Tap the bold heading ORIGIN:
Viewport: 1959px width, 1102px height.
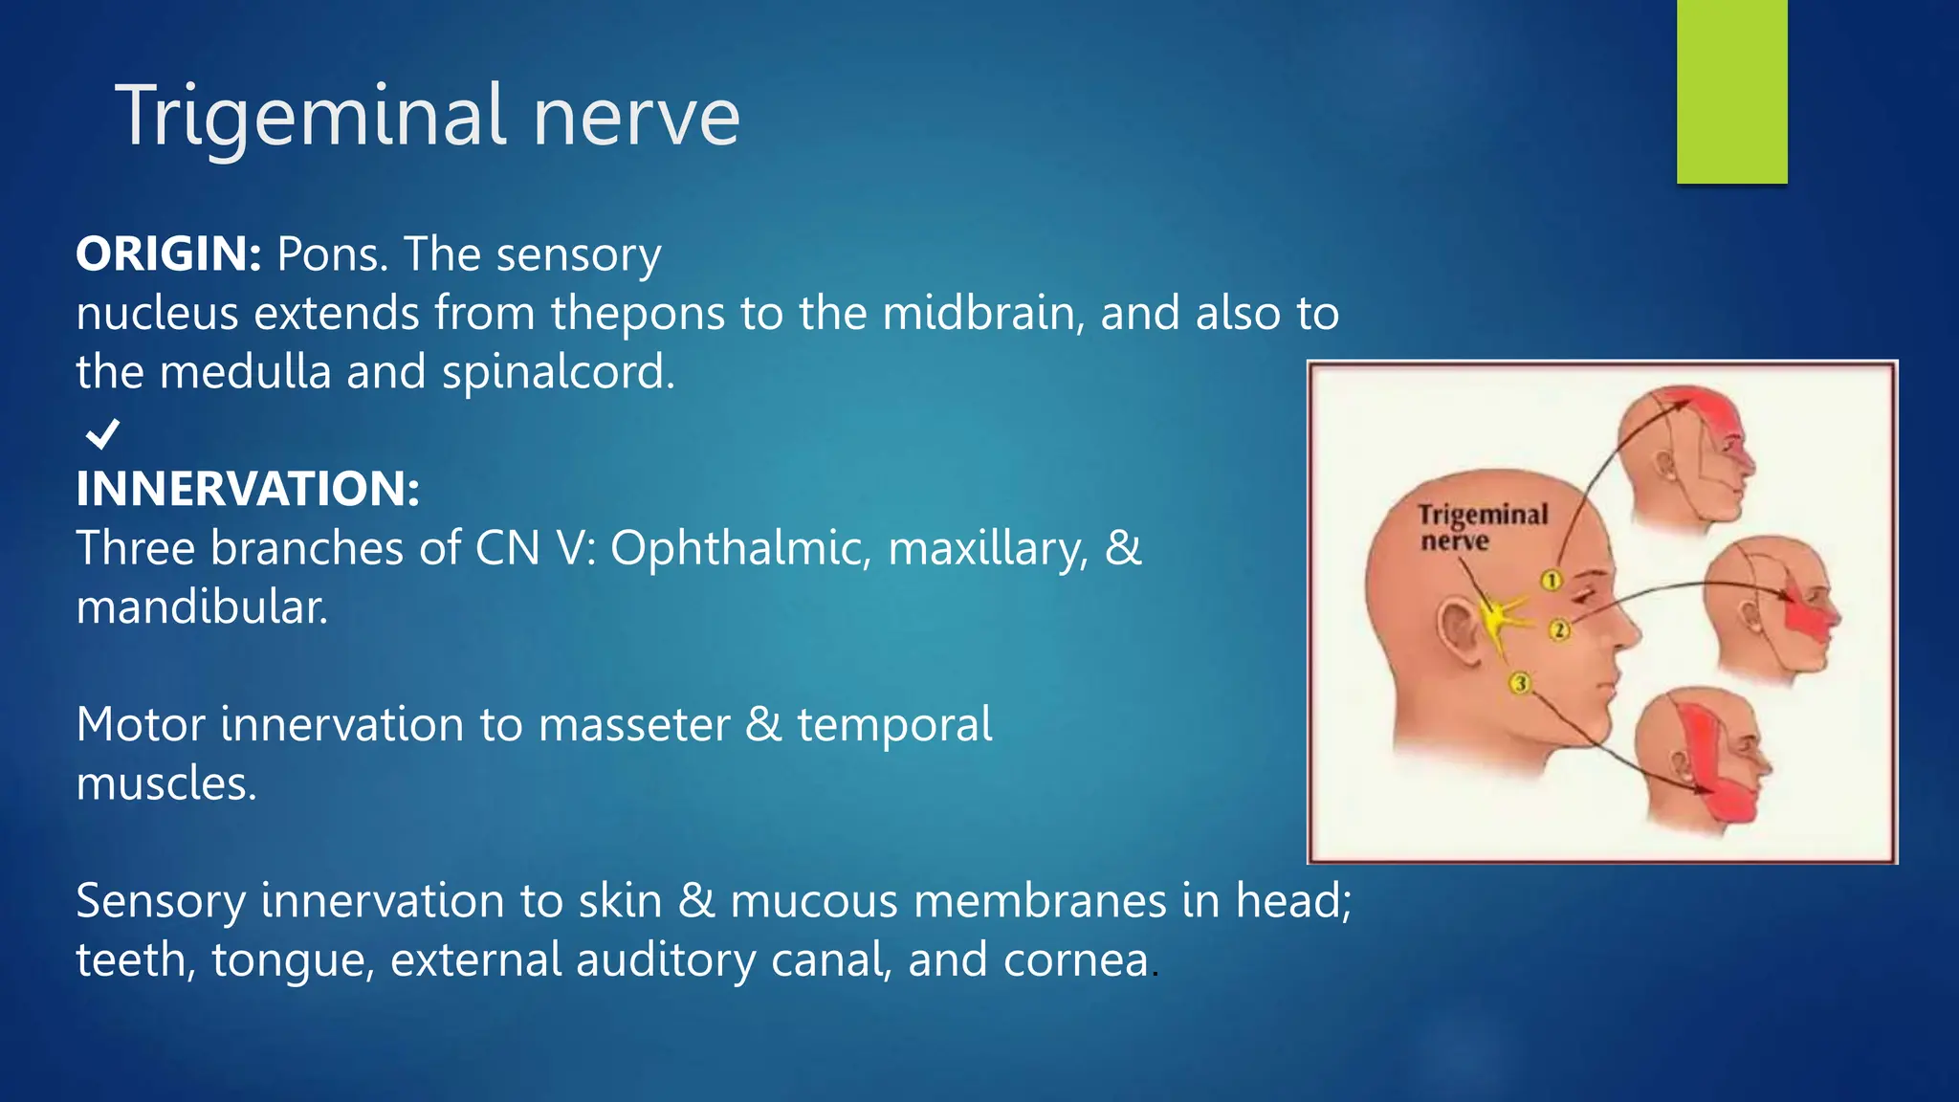tap(168, 254)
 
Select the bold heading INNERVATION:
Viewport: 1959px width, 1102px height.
tap(248, 489)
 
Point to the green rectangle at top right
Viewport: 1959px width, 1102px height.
tap(1731, 91)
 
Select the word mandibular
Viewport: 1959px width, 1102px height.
tap(202, 607)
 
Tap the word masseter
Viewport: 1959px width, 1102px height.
tap(634, 725)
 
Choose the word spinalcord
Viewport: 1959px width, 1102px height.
tap(558, 372)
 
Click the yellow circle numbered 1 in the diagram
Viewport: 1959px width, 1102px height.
tap(1552, 580)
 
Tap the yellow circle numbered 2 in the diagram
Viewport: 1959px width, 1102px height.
tap(1559, 629)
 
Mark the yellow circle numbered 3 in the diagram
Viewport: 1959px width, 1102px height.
tap(1520, 683)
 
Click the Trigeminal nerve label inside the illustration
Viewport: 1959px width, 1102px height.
tap(1481, 527)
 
